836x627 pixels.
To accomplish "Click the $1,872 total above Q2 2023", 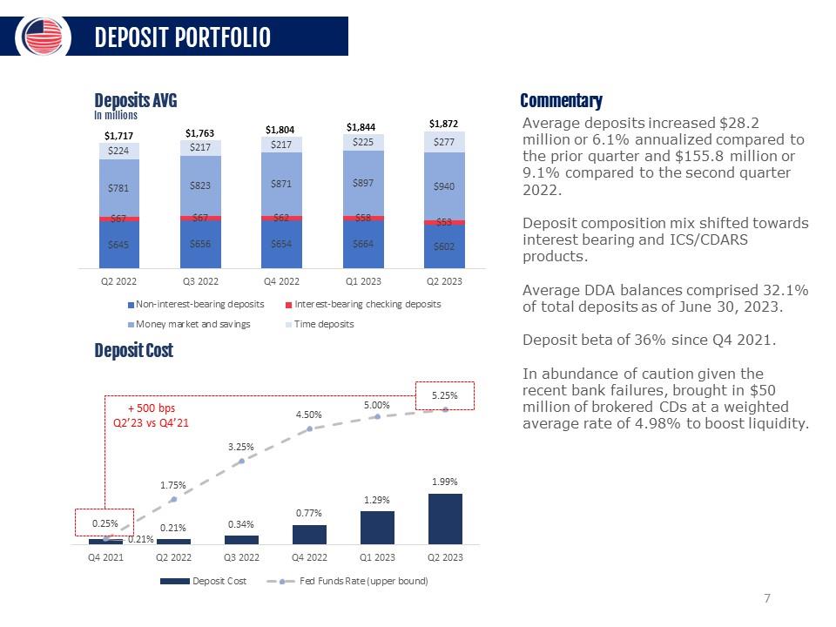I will point(443,124).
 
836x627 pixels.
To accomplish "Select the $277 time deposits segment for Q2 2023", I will point(444,142).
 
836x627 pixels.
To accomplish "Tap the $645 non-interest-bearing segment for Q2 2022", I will point(119,245).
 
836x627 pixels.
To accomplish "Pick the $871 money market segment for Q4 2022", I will point(281,184).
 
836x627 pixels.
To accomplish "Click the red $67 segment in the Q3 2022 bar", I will point(201,218).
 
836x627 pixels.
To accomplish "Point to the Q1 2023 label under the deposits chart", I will point(363,281).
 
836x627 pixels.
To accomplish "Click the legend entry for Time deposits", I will point(322,324).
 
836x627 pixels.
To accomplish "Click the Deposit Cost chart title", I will point(133,350).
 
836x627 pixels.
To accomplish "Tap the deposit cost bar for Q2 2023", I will point(445,518).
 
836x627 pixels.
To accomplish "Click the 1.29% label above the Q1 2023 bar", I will point(377,499).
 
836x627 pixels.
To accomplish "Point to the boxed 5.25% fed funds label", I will point(445,395).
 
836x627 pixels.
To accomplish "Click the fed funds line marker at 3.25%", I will point(241,461).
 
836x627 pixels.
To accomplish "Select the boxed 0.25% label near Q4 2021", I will point(104,522).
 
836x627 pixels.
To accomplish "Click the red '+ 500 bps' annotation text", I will point(152,408).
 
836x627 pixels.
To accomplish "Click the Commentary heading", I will point(561,101).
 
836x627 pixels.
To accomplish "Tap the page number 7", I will point(766,597).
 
